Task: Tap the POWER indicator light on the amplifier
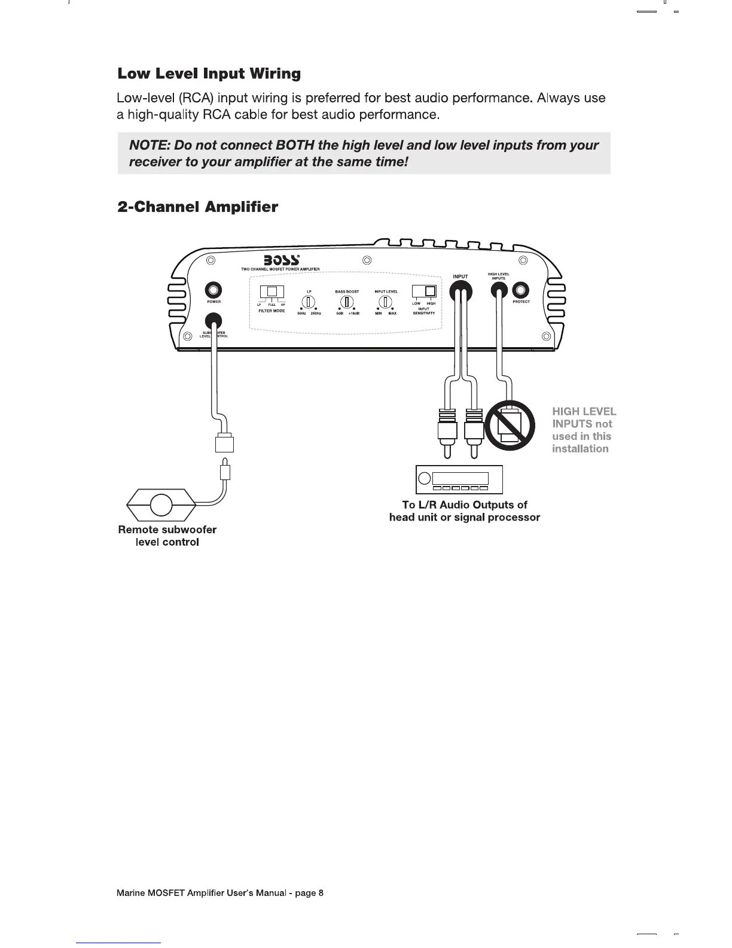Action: [x=213, y=290]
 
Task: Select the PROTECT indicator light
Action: [x=521, y=290]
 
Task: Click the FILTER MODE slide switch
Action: [x=272, y=292]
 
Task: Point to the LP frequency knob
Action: [x=309, y=301]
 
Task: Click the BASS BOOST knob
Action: [x=347, y=301]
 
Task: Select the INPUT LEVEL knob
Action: [x=386, y=301]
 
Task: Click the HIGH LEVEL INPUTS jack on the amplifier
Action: [x=499, y=291]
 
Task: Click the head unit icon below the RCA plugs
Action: [x=459, y=479]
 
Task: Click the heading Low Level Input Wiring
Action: [x=209, y=74]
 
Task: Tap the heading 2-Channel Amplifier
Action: [x=197, y=207]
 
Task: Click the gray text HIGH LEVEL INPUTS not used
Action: [x=583, y=430]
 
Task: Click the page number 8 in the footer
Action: [x=321, y=894]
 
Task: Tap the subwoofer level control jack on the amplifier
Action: [x=213, y=321]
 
